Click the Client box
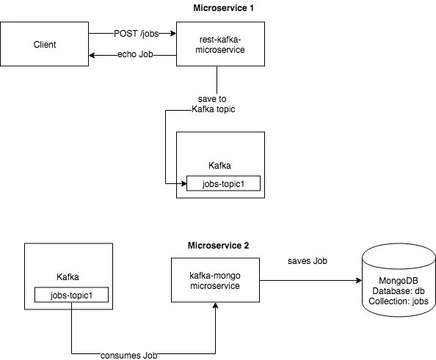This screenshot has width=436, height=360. coord(44,44)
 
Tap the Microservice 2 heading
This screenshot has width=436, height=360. coord(218,245)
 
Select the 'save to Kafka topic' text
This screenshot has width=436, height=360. coord(217,103)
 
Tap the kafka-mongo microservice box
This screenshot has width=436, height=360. coord(215,279)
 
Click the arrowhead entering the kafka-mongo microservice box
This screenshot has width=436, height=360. coord(215,306)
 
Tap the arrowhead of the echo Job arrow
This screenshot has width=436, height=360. coord(92,55)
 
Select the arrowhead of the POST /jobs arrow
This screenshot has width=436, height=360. coord(173,33)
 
